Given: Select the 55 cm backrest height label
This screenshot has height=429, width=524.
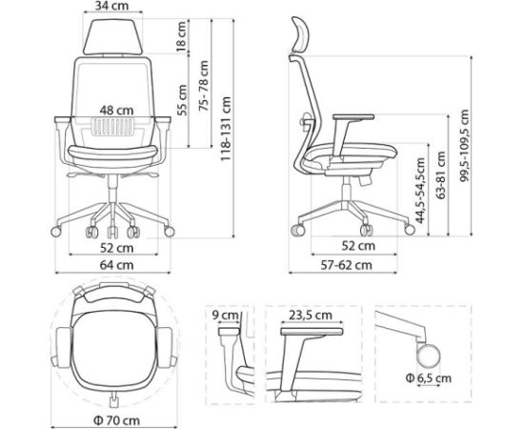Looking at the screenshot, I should point(181,96).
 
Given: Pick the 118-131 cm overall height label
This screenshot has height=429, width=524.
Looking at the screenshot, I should point(225,129).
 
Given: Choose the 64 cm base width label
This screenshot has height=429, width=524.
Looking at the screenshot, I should point(112,264).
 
